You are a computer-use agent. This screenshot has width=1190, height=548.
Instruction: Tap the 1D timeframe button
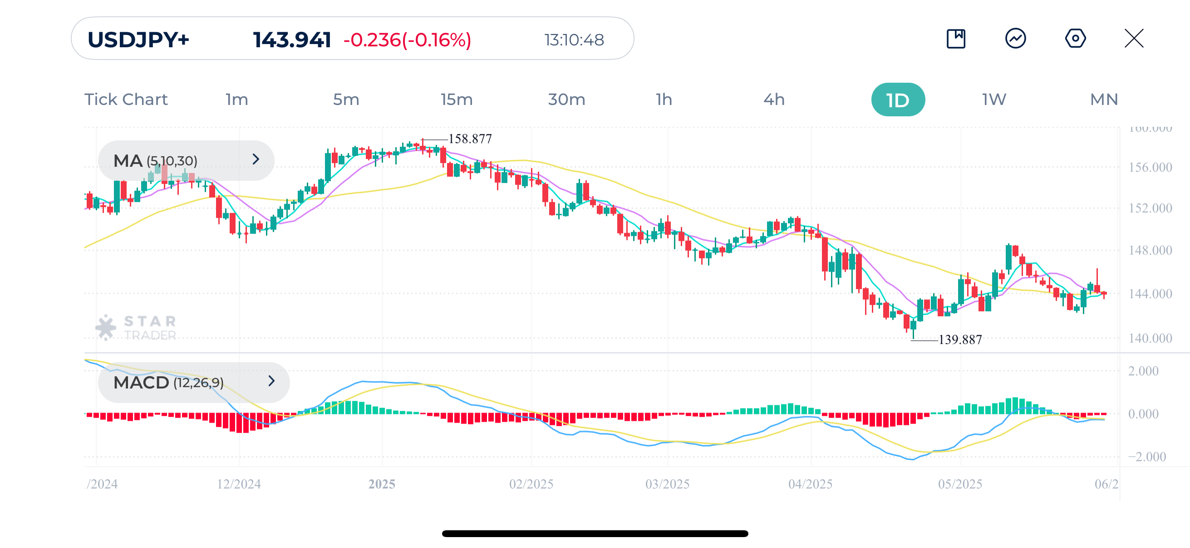pyautogui.click(x=898, y=100)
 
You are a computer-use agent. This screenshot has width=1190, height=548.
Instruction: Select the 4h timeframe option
pyautogui.click(x=774, y=100)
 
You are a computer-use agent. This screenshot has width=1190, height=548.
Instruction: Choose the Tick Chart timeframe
pyautogui.click(x=126, y=100)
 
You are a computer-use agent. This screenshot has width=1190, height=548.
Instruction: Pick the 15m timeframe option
pyautogui.click(x=457, y=100)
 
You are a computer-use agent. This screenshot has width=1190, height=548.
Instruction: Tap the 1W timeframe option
pyautogui.click(x=993, y=100)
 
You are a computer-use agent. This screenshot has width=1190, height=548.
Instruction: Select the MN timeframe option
pyautogui.click(x=1104, y=100)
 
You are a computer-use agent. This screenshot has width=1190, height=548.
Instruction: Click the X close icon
pyautogui.click(x=1134, y=38)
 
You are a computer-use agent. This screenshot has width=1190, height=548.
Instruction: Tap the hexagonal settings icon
pyautogui.click(x=1075, y=38)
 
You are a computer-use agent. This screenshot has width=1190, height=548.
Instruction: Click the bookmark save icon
pyautogui.click(x=956, y=38)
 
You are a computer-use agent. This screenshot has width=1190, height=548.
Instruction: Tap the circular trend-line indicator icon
pyautogui.click(x=1015, y=38)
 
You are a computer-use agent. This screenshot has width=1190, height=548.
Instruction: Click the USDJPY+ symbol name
pyautogui.click(x=138, y=40)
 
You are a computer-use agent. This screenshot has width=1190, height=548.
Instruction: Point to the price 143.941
pyautogui.click(x=292, y=40)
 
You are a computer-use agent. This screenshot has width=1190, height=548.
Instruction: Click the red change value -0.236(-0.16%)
pyautogui.click(x=407, y=40)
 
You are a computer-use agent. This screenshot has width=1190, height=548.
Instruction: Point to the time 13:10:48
pyautogui.click(x=574, y=40)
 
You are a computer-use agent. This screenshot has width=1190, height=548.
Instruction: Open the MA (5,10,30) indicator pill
pyautogui.click(x=186, y=160)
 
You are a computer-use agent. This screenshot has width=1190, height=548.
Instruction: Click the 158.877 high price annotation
pyautogui.click(x=470, y=139)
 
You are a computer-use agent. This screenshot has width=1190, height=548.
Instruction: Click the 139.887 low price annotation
pyautogui.click(x=960, y=340)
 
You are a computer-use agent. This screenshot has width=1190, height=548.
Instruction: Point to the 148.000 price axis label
pyautogui.click(x=1150, y=251)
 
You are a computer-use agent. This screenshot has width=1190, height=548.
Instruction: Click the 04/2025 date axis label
pyautogui.click(x=810, y=484)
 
